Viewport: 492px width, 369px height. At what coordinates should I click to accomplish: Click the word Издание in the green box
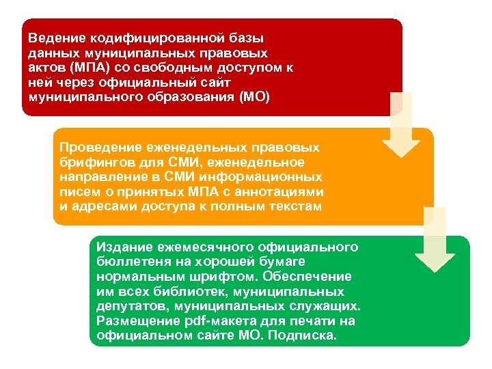122,247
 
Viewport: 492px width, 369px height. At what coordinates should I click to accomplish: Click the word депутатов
127,307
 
